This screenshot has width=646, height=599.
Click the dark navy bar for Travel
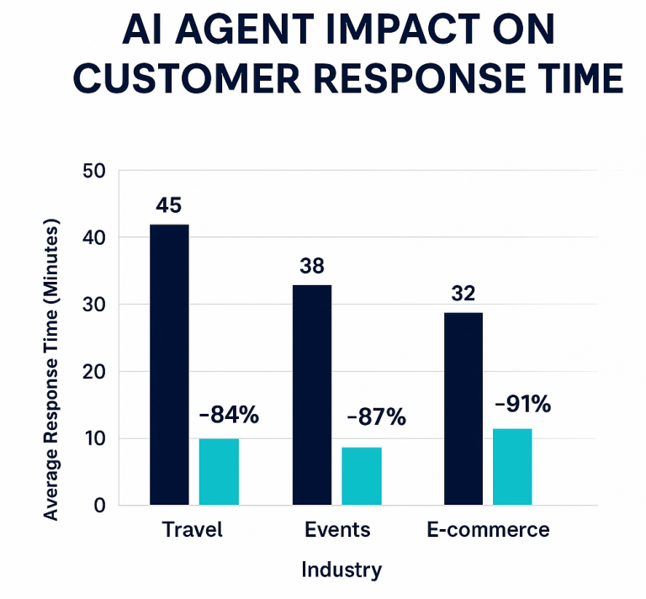coord(169,365)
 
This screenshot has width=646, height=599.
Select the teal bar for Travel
coord(219,472)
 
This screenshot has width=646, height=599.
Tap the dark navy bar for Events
coord(312,395)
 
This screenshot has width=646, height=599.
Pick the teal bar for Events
coord(362,476)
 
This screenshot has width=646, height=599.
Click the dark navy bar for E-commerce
coord(463,409)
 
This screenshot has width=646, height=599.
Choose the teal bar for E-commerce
coord(512,467)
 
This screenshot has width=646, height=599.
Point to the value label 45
coord(169,206)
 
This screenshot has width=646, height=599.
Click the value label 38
coord(312,267)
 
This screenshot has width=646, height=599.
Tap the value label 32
coord(463,294)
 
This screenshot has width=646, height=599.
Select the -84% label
coord(229,415)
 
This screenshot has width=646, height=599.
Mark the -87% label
coord(376,416)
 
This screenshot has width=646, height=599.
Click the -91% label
coord(522,404)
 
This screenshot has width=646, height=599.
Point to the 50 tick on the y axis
coord(94,171)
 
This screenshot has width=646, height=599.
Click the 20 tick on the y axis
coord(94,372)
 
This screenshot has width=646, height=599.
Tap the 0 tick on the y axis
coord(100,506)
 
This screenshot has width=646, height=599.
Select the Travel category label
coord(192,530)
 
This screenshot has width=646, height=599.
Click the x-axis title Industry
coord(342,570)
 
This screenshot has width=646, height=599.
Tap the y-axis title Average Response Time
coord(52,370)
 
